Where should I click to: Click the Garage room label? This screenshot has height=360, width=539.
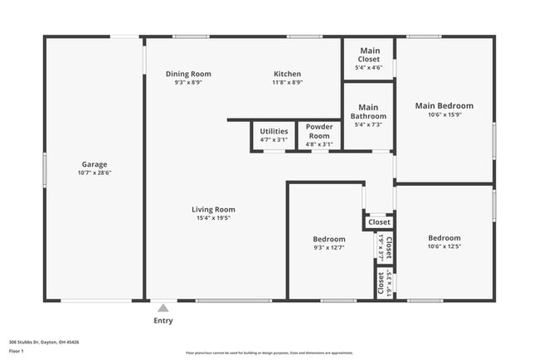tap(94, 164)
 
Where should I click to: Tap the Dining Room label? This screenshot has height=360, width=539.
tap(188, 74)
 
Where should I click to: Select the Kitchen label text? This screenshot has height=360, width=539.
tap(288, 74)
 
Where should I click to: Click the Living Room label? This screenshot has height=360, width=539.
tap(214, 210)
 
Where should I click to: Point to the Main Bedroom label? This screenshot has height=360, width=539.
tap(444, 105)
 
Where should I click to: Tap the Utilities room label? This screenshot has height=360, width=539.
tap(274, 131)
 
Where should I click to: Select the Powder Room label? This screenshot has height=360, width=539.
tap(319, 131)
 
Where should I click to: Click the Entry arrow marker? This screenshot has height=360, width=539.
tap(163, 307)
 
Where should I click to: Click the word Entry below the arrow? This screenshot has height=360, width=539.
tap(163, 321)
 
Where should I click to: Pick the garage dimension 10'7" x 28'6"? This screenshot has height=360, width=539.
tap(94, 173)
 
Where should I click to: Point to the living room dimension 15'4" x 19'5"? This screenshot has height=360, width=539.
tap(214, 219)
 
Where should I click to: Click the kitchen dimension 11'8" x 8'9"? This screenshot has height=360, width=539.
tap(288, 82)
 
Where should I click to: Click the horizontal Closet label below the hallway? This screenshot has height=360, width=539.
tap(379, 222)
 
